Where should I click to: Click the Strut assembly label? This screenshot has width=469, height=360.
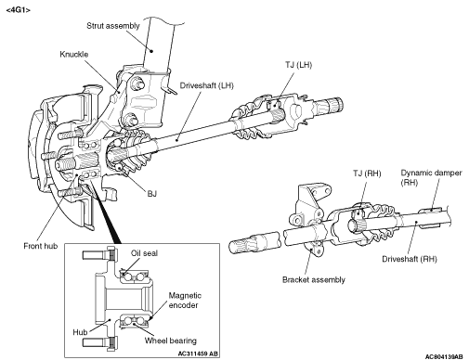(113, 26)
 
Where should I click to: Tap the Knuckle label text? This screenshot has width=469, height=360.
(74, 55)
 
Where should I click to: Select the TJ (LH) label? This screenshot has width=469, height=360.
(298, 65)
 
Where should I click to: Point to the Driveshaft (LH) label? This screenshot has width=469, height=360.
(206, 85)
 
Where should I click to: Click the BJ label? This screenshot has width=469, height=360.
(151, 194)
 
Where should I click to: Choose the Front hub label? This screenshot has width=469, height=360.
(41, 246)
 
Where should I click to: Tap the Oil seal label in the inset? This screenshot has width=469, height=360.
(144, 253)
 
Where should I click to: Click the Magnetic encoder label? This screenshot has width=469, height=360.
(185, 301)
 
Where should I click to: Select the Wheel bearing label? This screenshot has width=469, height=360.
(171, 341)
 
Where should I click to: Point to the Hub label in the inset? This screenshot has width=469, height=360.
(80, 332)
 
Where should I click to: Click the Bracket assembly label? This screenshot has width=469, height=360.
(314, 280)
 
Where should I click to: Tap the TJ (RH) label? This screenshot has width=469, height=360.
(367, 174)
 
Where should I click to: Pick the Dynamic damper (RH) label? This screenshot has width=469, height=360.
(431, 177)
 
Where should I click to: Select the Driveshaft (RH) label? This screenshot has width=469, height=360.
(410, 259)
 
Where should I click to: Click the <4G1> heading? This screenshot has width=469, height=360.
(19, 10)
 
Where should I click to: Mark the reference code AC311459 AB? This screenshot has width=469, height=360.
(198, 354)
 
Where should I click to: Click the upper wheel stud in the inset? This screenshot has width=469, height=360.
(95, 255)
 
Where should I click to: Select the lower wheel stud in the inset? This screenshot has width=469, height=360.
(95, 342)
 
